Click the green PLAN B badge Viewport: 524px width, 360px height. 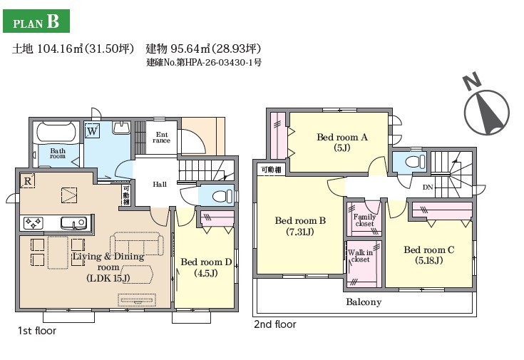tap(36, 21)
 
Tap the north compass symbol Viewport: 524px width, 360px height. tap(487, 107)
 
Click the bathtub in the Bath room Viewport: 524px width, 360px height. tap(58, 132)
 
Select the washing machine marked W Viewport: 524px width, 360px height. tap(92, 130)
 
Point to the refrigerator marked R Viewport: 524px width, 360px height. tap(28, 181)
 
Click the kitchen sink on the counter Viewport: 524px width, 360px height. tap(73, 222)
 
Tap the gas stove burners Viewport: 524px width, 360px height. tap(33, 222)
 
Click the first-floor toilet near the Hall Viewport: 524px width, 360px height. tap(222, 196)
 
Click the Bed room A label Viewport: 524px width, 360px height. tap(342, 142)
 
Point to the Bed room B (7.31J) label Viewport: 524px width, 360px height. tap(300, 226)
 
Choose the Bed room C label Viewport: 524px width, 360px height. tap(428, 254)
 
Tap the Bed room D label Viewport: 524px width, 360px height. tap(206, 267)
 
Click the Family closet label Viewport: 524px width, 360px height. tap(364, 220)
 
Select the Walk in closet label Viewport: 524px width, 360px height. tap(360, 256)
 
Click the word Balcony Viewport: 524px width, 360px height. tap(364, 302)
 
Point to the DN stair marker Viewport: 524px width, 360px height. tap(428, 187)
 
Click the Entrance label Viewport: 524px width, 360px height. tap(161, 138)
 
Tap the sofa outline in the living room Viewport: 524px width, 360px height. tap(137, 244)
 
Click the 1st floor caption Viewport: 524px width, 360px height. tap(37, 331)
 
